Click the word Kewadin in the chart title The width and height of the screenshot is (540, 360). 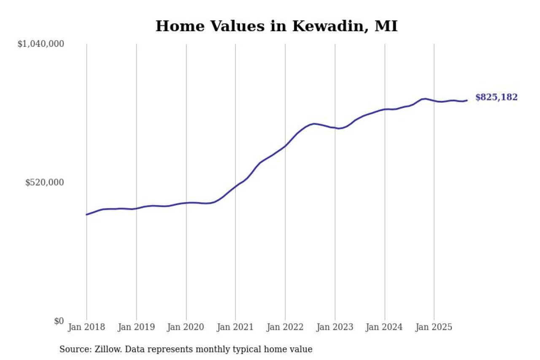(326, 26)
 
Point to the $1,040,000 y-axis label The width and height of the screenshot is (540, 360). (40, 44)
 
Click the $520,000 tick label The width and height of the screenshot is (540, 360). (45, 182)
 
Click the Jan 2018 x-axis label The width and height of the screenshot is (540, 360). (86, 327)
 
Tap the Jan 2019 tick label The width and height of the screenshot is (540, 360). (136, 327)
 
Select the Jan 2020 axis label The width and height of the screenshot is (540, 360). (186, 327)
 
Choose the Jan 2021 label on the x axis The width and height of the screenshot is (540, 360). (235, 327)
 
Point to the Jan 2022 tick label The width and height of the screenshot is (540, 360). (285, 327)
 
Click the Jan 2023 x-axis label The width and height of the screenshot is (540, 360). (335, 327)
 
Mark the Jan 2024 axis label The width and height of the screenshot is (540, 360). (384, 327)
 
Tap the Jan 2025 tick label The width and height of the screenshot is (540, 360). (434, 327)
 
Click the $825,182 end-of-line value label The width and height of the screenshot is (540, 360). (496, 97)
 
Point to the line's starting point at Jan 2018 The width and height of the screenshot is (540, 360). (86, 214)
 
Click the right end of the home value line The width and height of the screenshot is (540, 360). (467, 100)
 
